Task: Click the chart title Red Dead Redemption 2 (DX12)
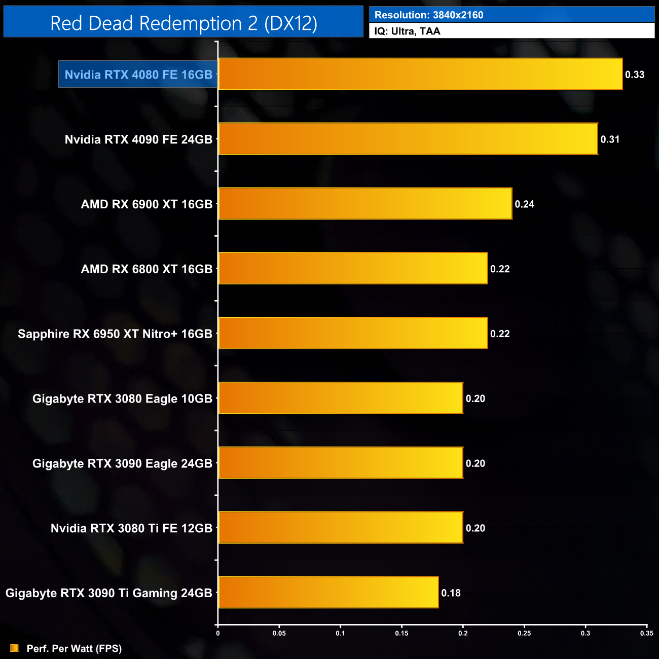(x=184, y=23)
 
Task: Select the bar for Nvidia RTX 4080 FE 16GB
(x=420, y=74)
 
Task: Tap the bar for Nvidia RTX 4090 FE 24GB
(x=408, y=138)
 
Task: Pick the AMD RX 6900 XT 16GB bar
(x=365, y=203)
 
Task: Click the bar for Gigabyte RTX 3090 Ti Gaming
(x=328, y=592)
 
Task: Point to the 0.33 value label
(x=634, y=75)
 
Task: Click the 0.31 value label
(x=610, y=139)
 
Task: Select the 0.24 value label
(x=524, y=204)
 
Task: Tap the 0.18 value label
(x=451, y=593)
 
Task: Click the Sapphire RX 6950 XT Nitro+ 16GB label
(x=115, y=334)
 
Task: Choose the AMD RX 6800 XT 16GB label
(x=147, y=269)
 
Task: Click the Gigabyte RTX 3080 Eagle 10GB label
(x=122, y=398)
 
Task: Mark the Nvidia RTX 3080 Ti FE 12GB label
(x=131, y=528)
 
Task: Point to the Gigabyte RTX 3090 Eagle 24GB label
(x=122, y=463)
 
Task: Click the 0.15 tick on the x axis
(x=401, y=633)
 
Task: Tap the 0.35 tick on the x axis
(x=646, y=633)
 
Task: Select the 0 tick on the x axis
(x=218, y=633)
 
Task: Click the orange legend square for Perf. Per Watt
(x=14, y=648)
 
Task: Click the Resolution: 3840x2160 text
(x=429, y=15)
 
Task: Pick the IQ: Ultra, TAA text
(x=407, y=31)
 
